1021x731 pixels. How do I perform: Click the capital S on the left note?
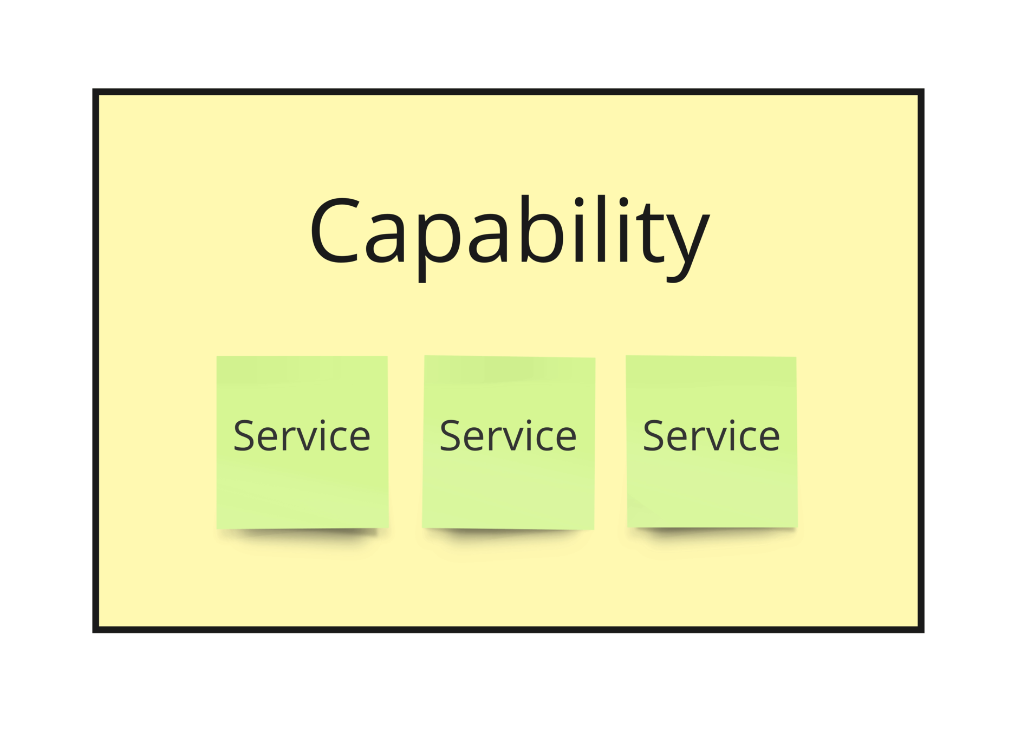tap(244, 435)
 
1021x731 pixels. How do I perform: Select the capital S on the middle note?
tap(450, 435)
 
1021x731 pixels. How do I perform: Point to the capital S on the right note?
tap(653, 435)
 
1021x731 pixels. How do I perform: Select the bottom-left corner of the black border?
tap(96, 629)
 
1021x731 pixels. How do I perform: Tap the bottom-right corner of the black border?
tap(921, 629)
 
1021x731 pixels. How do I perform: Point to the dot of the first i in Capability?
tap(579, 202)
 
